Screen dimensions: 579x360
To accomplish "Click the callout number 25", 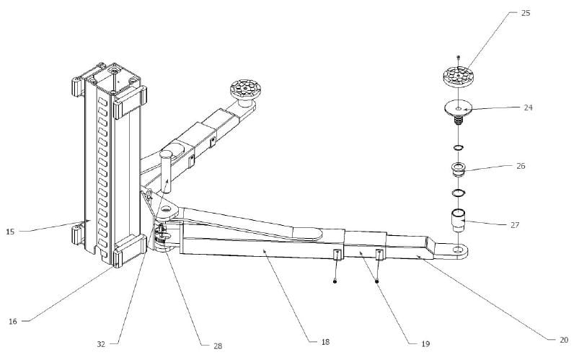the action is coord(526,13).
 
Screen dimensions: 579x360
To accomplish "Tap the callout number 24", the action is coord(528,107).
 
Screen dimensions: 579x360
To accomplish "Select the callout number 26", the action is coord(521,166).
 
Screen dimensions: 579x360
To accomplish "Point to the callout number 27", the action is coord(515,224).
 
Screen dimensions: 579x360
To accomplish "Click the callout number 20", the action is coord(564,340).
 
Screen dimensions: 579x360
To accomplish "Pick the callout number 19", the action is coord(425,343).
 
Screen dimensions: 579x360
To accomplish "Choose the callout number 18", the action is coord(325,342).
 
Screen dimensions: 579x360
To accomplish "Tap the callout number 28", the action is coord(218,346).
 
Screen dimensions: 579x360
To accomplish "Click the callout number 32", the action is coord(101,344).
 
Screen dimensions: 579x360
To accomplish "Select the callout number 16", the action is coord(13,322).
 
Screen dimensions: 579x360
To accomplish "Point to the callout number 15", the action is coord(10,232).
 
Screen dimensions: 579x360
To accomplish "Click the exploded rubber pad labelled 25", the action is coord(459,76).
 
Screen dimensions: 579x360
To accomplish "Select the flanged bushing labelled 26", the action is coord(459,169).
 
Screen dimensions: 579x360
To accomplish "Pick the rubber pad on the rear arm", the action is coord(246,89).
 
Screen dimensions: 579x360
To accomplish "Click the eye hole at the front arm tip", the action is coord(459,250).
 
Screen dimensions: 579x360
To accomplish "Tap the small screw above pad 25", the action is coord(459,57).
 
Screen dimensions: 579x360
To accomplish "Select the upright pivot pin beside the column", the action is coord(166,172).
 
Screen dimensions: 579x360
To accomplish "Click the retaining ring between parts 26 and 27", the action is coord(459,193).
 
